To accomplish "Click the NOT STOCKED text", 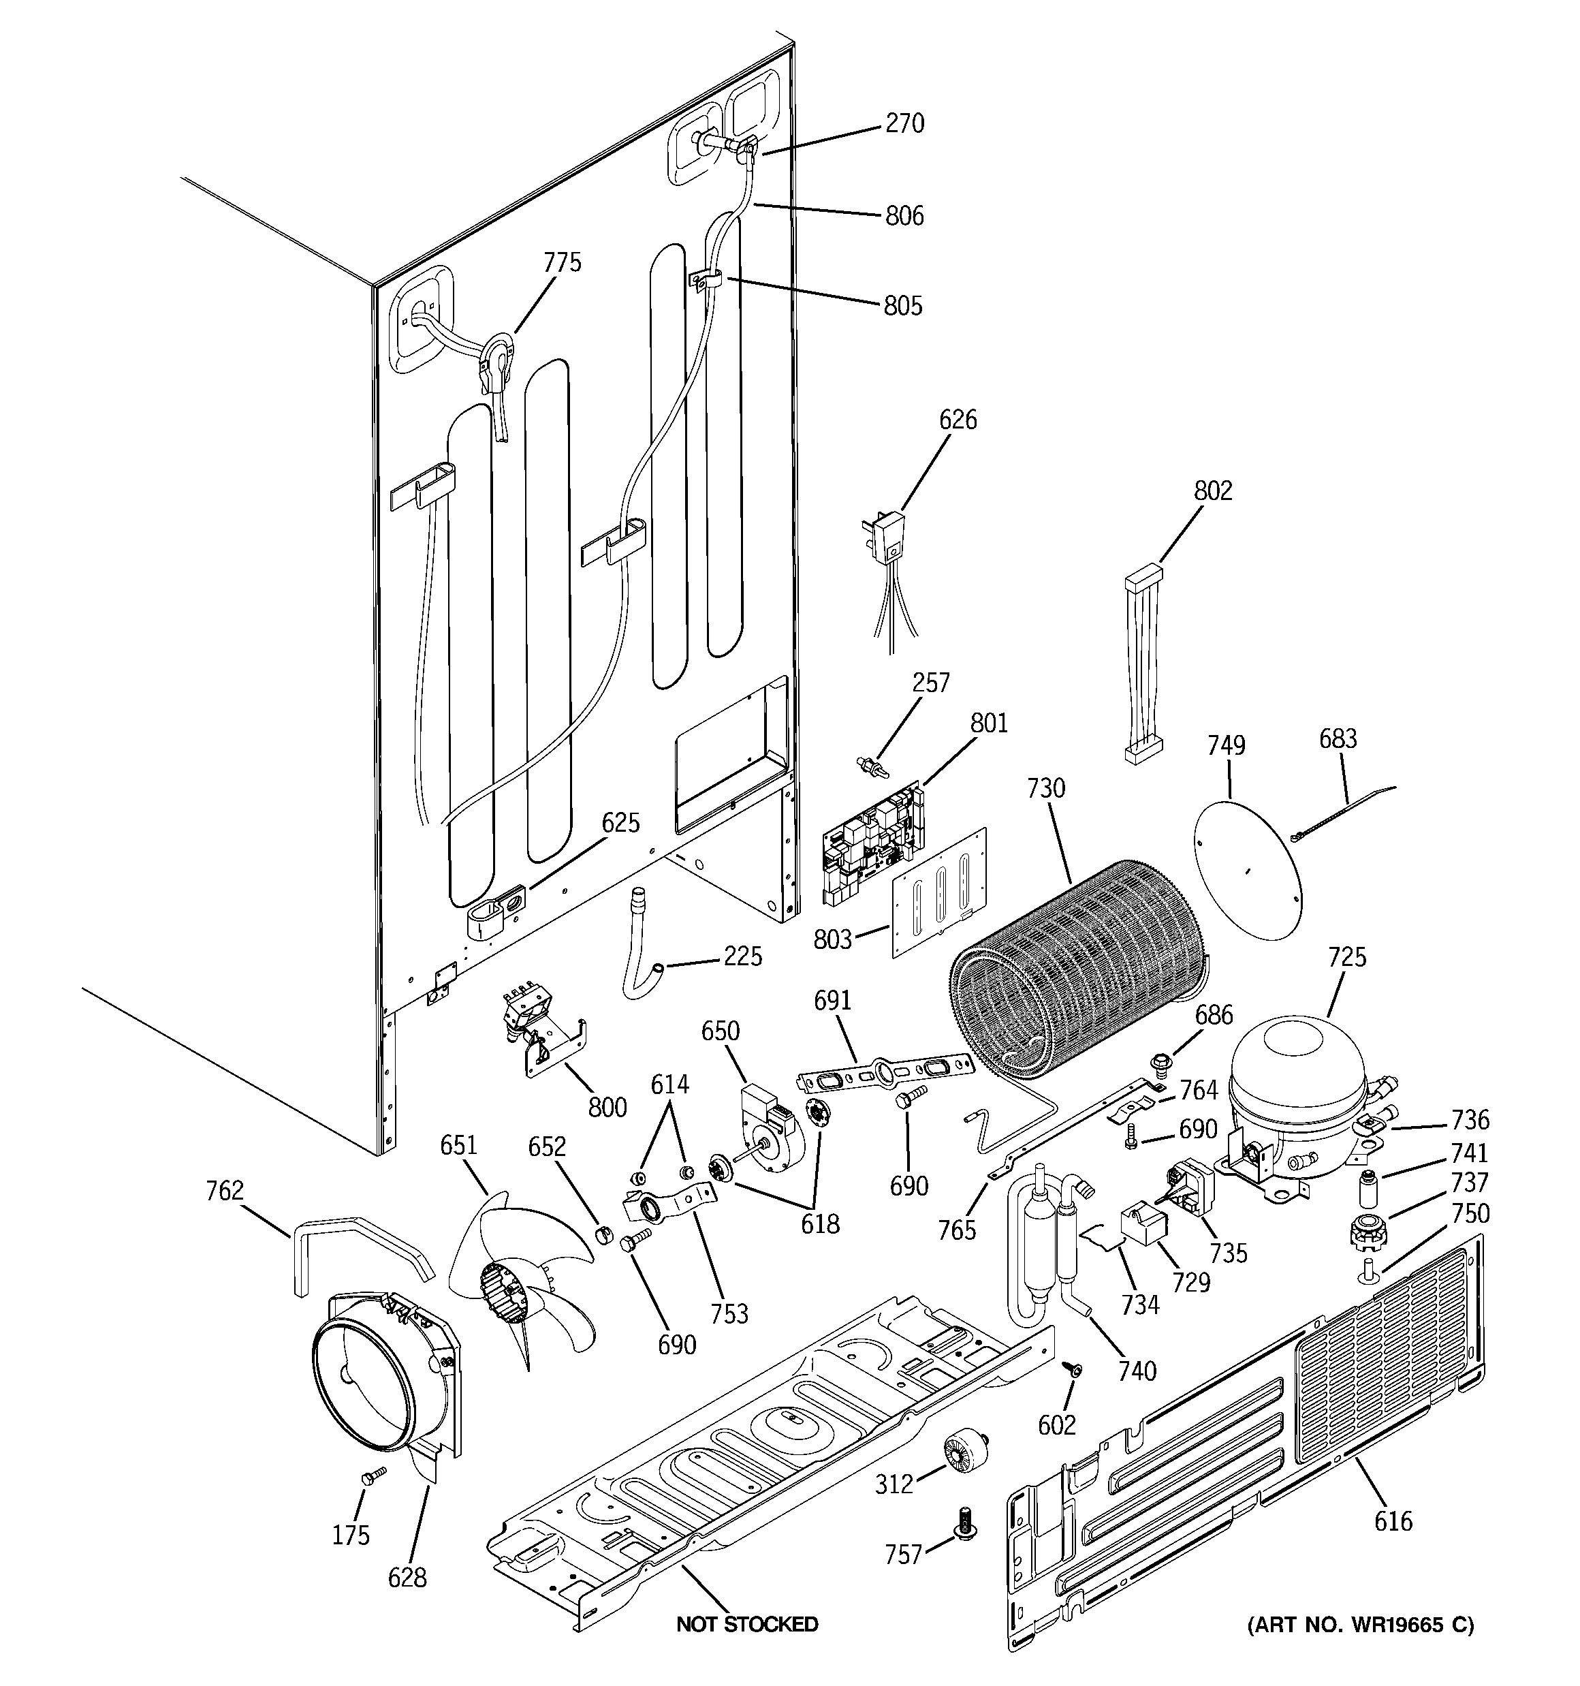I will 746,1624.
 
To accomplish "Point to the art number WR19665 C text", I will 1359,1625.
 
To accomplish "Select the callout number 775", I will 563,262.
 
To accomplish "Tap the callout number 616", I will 1393,1521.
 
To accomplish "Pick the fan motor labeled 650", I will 768,1124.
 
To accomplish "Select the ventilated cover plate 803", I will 940,892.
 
